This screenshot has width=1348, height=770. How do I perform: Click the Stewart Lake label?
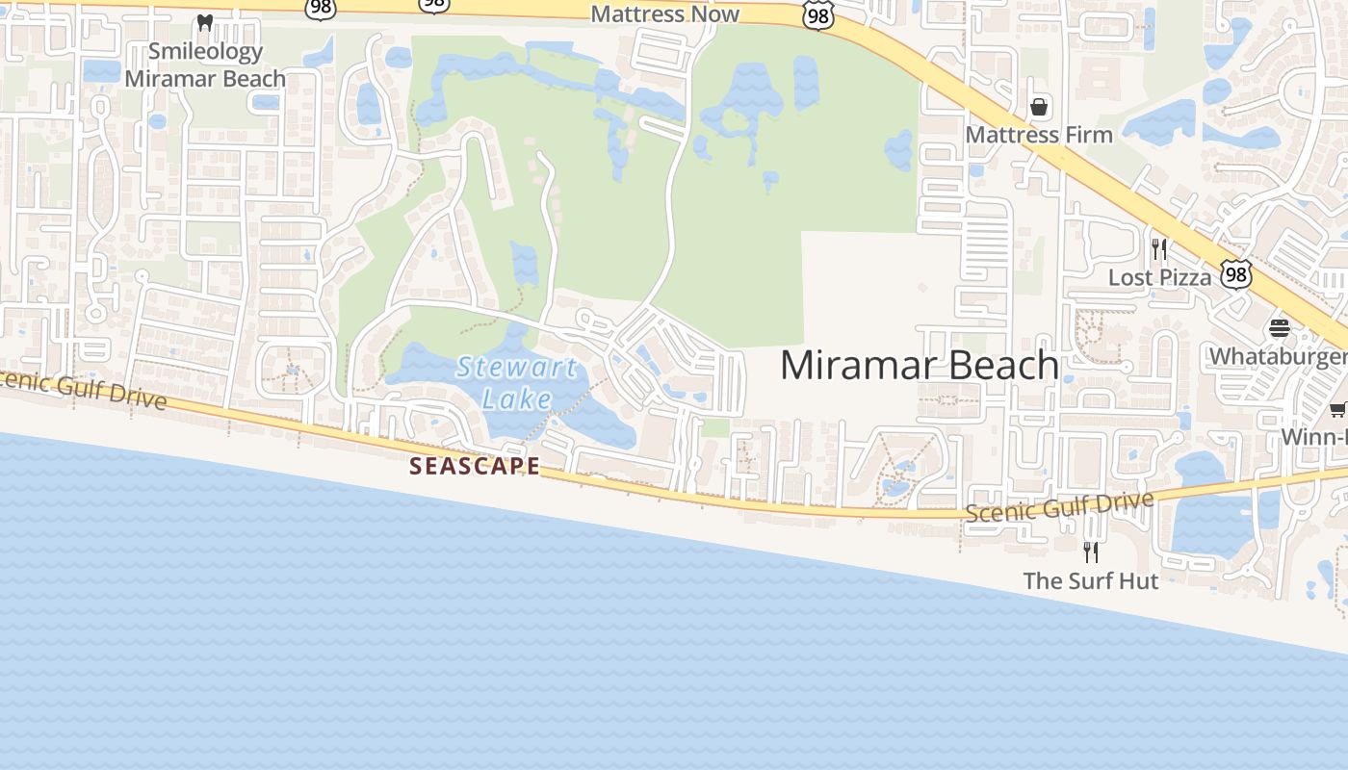tap(517, 382)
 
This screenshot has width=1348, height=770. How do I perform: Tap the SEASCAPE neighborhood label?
tap(475, 467)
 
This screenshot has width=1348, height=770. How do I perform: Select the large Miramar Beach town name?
tap(920, 366)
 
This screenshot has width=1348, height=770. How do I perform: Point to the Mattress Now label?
tap(664, 13)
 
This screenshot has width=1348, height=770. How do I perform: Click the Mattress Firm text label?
tap(1039, 135)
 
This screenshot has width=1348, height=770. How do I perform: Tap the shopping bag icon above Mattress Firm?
tap(1039, 107)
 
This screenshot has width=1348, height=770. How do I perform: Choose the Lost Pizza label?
tap(1159, 277)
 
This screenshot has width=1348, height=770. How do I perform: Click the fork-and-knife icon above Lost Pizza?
tap(1159, 249)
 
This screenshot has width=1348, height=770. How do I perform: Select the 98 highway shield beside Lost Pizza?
tap(1235, 274)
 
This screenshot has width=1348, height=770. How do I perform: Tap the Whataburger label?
tap(1278, 356)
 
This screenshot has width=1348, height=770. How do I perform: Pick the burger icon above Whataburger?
tap(1279, 328)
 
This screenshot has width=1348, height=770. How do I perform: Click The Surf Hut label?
tap(1091, 580)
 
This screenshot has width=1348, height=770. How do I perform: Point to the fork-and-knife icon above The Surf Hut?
tap(1091, 552)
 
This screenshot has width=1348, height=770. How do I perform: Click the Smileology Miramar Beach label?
tap(204, 65)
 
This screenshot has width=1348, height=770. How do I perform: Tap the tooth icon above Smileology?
tap(204, 22)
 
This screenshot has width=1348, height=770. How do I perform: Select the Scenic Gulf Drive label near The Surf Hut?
tap(1059, 506)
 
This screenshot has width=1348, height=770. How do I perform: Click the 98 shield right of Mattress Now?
tap(817, 15)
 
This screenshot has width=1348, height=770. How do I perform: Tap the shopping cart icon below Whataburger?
tap(1337, 410)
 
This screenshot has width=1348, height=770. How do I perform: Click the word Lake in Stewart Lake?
tap(517, 398)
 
